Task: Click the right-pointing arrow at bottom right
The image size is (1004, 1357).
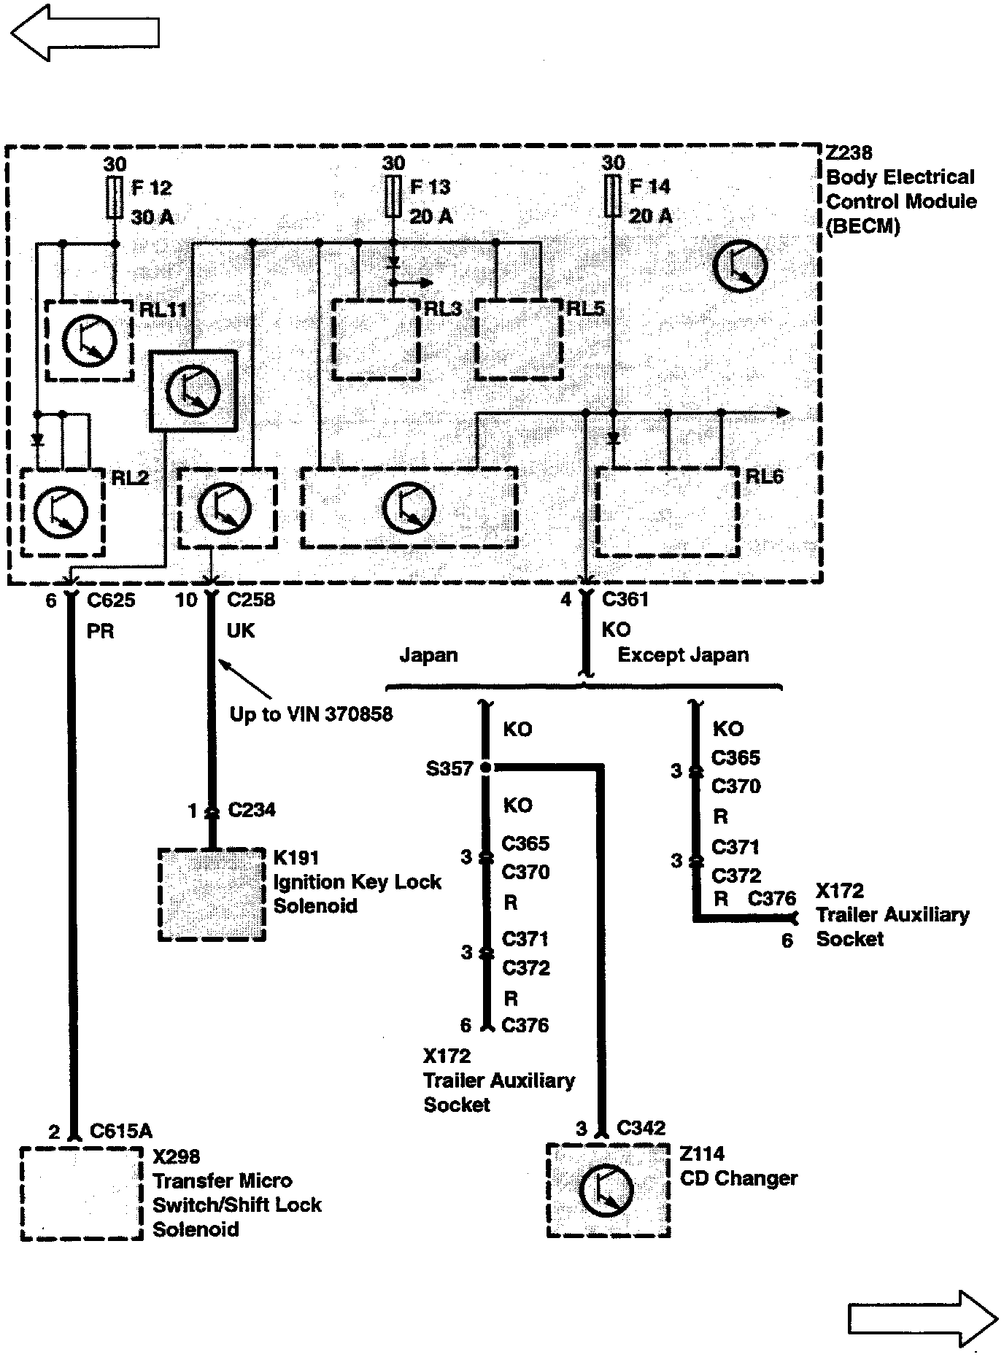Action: pos(922,1318)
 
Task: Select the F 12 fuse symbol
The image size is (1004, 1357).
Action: pos(115,197)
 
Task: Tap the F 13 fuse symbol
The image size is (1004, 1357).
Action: pos(393,196)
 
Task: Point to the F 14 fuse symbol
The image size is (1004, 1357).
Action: pos(612,196)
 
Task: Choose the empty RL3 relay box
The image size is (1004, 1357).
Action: pos(376,339)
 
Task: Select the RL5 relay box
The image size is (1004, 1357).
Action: pos(519,339)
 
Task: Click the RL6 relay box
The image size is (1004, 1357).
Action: pos(668,511)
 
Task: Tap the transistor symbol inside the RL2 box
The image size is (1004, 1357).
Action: pos(61,511)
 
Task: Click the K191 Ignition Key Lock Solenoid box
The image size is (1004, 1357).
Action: pos(212,894)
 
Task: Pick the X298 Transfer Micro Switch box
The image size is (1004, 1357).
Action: pos(81,1194)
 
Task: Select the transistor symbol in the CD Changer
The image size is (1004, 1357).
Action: pos(607,1190)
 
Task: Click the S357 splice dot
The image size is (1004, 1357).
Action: pos(486,768)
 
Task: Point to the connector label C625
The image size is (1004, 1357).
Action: pos(111,600)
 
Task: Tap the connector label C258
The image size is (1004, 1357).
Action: pos(251,600)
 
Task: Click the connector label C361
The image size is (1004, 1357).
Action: pos(625,600)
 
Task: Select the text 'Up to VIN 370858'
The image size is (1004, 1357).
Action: pos(311,714)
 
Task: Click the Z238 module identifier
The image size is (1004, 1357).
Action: pos(849,153)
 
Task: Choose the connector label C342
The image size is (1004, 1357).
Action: pos(641,1128)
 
